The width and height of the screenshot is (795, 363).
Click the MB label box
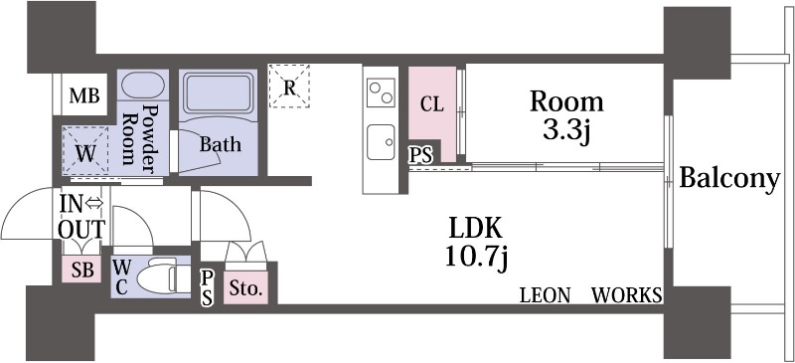tap(83, 96)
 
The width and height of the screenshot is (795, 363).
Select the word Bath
tap(220, 144)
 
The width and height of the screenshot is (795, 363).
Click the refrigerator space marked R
tap(289, 86)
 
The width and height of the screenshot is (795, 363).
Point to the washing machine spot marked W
tap(84, 153)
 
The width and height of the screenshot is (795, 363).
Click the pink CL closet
tap(431, 104)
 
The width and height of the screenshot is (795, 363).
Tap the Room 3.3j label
tap(565, 116)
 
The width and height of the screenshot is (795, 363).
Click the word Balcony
tap(728, 179)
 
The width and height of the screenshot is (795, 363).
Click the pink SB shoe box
tap(82, 270)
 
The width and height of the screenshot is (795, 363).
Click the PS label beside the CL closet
tap(420, 155)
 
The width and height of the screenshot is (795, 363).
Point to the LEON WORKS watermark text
tap(591, 295)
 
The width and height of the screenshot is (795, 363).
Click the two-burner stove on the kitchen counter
tap(381, 93)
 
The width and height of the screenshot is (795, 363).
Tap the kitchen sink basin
tap(380, 140)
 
